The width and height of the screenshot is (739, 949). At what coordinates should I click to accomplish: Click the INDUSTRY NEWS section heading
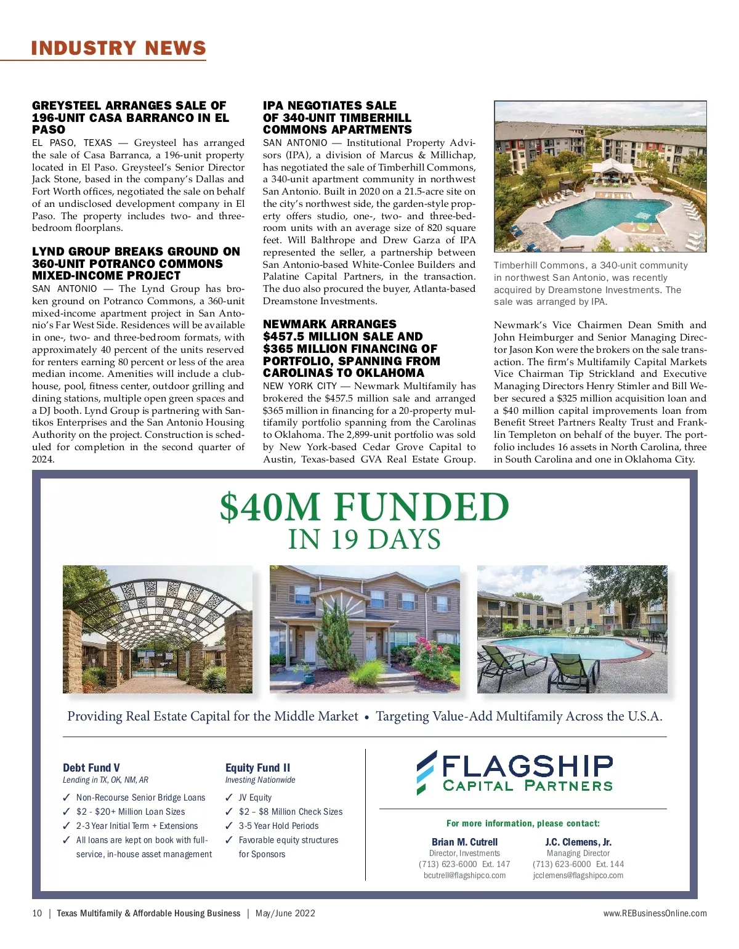tap(118, 48)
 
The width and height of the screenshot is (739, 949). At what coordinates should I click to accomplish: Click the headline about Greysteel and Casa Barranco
tap(131, 118)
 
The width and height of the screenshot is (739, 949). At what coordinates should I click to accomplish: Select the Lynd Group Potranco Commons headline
tap(136, 264)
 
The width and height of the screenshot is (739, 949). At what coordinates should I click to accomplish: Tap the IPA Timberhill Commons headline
tap(337, 118)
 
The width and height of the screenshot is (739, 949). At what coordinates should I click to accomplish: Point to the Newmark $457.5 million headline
tap(352, 349)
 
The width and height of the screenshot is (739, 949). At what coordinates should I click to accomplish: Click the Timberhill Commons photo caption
tap(591, 283)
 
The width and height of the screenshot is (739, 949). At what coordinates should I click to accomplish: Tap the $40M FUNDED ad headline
tap(365, 507)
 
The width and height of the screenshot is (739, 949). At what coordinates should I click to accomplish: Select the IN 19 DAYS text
tap(365, 539)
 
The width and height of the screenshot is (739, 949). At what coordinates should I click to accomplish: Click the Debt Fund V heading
tap(91, 767)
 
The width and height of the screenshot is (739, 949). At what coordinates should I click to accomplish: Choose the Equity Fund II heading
tap(257, 767)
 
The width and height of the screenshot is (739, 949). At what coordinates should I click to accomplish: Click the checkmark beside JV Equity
tap(229, 798)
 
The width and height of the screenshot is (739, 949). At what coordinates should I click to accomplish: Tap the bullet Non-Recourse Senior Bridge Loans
tap(140, 798)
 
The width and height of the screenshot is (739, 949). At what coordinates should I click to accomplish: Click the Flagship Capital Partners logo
tap(515, 772)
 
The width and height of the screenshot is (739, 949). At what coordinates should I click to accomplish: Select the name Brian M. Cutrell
tap(464, 842)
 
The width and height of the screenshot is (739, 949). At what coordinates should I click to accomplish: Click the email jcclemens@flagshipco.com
tap(578, 875)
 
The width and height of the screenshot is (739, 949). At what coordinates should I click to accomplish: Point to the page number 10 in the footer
tap(37, 913)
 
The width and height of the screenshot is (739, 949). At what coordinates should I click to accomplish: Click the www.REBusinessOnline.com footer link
tap(655, 913)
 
